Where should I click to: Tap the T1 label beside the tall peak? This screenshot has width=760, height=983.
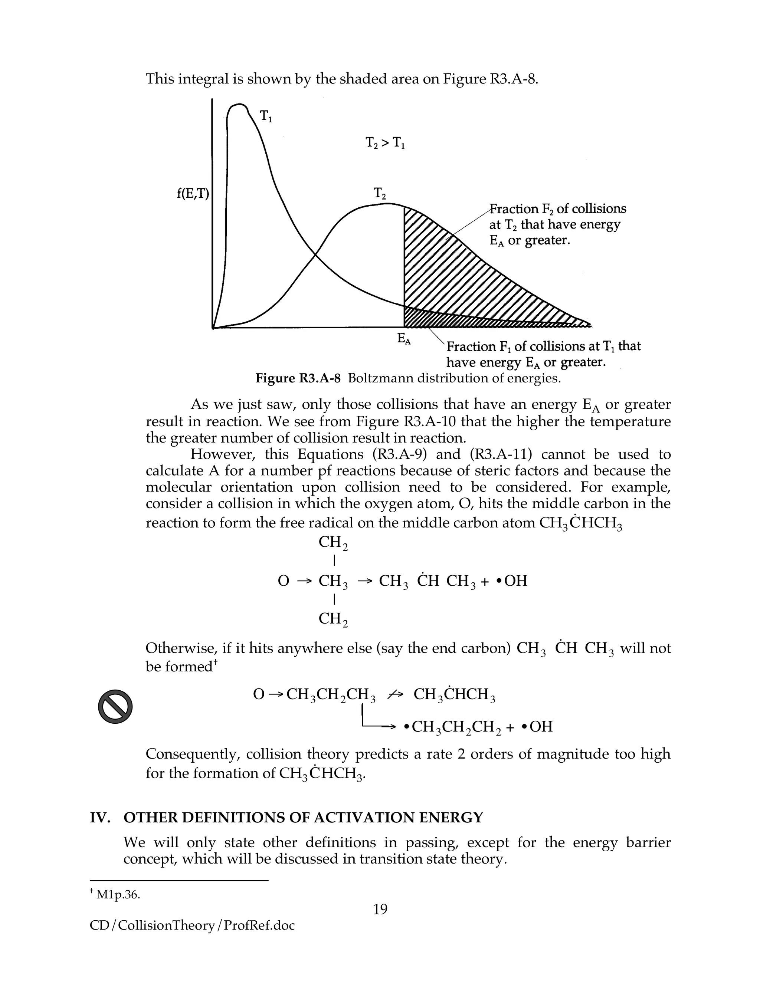266,116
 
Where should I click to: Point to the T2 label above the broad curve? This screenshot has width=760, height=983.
380,194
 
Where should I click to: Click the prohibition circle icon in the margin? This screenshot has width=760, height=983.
115,706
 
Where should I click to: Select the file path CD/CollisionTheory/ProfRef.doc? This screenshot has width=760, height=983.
192,926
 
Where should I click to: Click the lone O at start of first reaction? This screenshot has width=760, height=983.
283,581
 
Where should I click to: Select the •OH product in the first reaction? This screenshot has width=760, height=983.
511,581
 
